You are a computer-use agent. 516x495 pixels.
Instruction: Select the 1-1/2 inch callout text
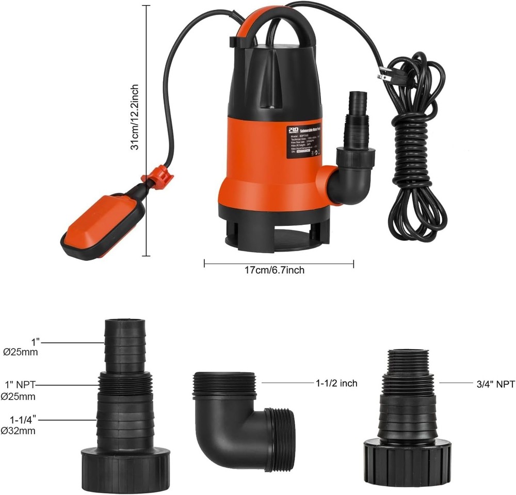point(336,384)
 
